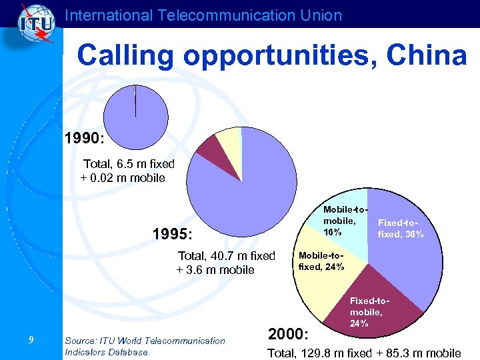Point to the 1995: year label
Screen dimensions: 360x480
tap(172, 235)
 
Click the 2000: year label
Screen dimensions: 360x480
tap(287, 333)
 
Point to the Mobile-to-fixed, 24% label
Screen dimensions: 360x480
tap(321, 261)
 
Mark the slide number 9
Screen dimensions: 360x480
tap(31, 341)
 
